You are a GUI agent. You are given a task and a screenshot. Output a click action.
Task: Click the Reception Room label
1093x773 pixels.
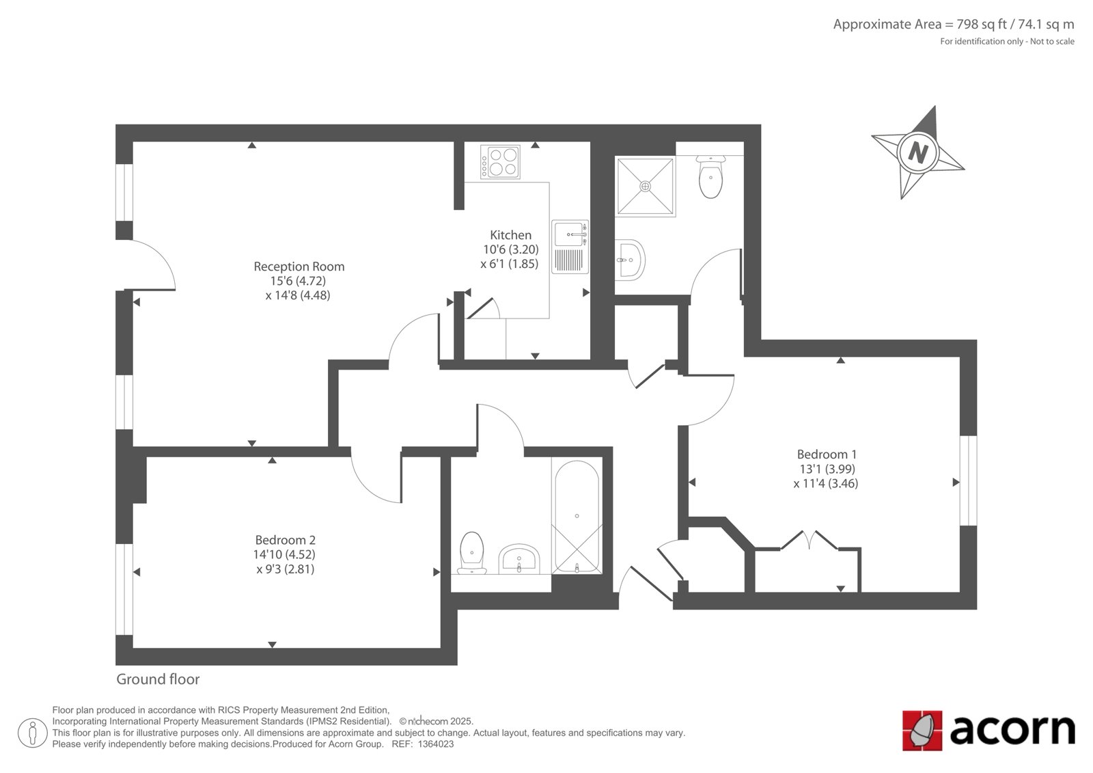click(x=299, y=267)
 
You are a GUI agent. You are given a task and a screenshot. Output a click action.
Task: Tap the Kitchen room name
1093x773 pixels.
click(x=510, y=235)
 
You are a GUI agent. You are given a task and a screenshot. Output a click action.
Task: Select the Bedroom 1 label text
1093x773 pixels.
click(x=827, y=455)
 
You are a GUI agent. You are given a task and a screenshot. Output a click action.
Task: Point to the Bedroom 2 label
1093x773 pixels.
click(x=286, y=540)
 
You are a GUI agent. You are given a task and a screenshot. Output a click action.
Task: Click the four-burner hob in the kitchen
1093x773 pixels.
click(x=500, y=162)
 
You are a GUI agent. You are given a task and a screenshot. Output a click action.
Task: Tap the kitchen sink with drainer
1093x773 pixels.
click(x=570, y=247)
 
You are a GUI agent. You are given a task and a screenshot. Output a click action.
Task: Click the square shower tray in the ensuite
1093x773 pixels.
click(x=645, y=186)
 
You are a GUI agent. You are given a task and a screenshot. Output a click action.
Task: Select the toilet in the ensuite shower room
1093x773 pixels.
click(x=710, y=177)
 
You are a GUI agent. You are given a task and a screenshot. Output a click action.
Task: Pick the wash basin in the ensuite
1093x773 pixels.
click(x=630, y=260)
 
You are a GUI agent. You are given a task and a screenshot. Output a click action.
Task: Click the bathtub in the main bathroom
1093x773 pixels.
click(x=577, y=516)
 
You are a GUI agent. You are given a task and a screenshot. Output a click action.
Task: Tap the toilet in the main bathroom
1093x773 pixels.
click(x=471, y=553)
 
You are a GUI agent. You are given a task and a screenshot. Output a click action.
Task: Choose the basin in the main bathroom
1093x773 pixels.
click(x=518, y=559)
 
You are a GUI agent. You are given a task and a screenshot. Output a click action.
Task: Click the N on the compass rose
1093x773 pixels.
click(x=918, y=153)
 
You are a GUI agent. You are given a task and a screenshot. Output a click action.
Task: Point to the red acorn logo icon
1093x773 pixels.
click(x=922, y=731)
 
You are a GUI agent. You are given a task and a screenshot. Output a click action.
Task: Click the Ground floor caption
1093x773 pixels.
click(x=158, y=679)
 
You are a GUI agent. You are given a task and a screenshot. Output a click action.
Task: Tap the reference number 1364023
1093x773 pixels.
click(x=436, y=744)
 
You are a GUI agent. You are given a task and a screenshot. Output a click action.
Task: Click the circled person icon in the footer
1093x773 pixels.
click(x=32, y=733)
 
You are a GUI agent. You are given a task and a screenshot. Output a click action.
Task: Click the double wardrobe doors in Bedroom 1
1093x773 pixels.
click(x=810, y=540)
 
